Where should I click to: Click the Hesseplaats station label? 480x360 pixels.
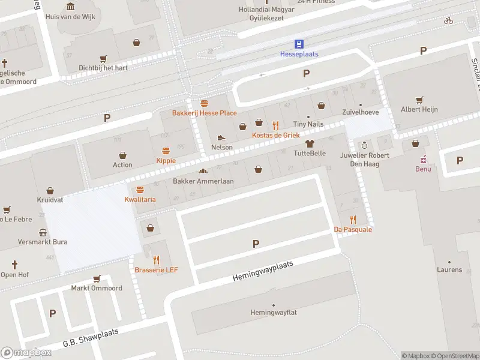coord(299,54)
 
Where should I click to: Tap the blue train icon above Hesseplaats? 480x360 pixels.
coord(299,43)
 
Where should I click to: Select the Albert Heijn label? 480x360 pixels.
coord(419,109)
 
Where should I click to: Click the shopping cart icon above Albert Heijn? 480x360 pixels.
coord(419,100)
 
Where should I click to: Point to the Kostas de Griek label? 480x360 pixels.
coord(275,136)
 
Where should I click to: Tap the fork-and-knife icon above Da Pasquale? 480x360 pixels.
coord(353,220)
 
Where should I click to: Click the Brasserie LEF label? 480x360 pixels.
coord(156,270)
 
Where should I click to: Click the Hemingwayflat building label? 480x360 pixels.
coord(274,313)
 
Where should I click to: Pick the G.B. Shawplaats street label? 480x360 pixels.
coord(91,338)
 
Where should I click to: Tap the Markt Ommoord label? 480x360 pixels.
coord(97,288)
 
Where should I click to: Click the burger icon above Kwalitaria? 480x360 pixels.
coord(140,190)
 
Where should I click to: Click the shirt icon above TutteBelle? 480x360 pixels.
coord(310,143)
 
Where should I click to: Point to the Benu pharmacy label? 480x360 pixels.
coord(423,169)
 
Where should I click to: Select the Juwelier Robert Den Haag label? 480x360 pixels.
coord(365,159)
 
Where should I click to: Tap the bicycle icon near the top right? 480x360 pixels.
coord(448,20)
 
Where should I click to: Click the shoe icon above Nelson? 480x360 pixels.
coord(221,138)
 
